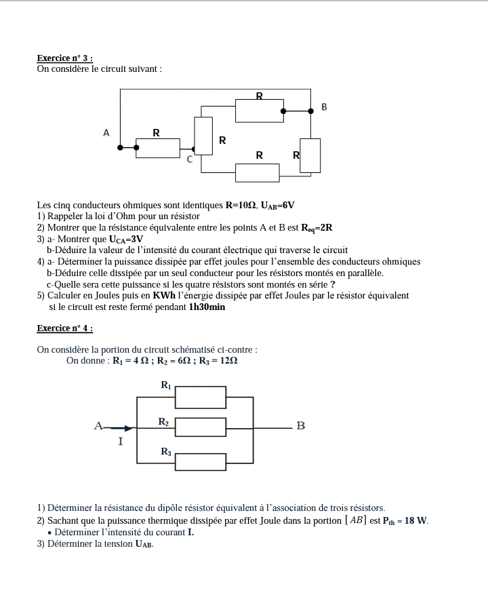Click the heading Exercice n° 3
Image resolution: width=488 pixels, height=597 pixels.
[x=64, y=59]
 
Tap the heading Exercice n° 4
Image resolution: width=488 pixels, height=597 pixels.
[x=64, y=328]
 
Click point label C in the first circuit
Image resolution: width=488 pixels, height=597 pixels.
[x=190, y=160]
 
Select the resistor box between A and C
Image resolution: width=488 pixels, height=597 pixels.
[x=158, y=147]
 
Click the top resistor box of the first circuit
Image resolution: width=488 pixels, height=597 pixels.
[x=260, y=111]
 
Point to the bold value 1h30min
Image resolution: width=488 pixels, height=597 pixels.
[x=207, y=307]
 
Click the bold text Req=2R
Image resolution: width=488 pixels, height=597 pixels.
[x=317, y=228]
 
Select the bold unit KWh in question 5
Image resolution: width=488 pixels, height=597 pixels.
[x=165, y=296]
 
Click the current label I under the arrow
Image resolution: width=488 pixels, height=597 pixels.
[x=121, y=442]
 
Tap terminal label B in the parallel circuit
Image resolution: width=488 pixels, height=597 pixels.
[x=301, y=426]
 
